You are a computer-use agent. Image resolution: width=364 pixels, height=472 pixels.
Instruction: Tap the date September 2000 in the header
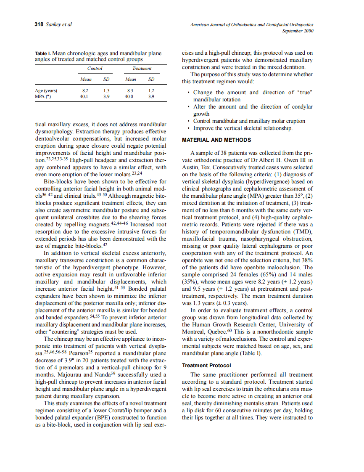point(298,31)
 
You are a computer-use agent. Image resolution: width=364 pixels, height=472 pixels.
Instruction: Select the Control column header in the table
point(95,68)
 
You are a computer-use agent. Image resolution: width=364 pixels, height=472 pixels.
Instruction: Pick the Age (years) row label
point(46,90)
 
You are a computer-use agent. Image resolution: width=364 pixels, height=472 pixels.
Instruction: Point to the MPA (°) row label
point(43,96)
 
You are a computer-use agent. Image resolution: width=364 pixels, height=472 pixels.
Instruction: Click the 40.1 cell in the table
point(84,96)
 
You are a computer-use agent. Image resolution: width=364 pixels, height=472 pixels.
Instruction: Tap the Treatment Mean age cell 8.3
point(130,90)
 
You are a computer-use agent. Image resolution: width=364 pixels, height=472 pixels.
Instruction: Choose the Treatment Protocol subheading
point(206,366)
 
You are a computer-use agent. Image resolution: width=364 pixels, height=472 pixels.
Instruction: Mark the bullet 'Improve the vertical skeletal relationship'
point(243,128)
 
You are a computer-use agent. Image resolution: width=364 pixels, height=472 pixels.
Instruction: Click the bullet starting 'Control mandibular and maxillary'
point(249,121)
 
